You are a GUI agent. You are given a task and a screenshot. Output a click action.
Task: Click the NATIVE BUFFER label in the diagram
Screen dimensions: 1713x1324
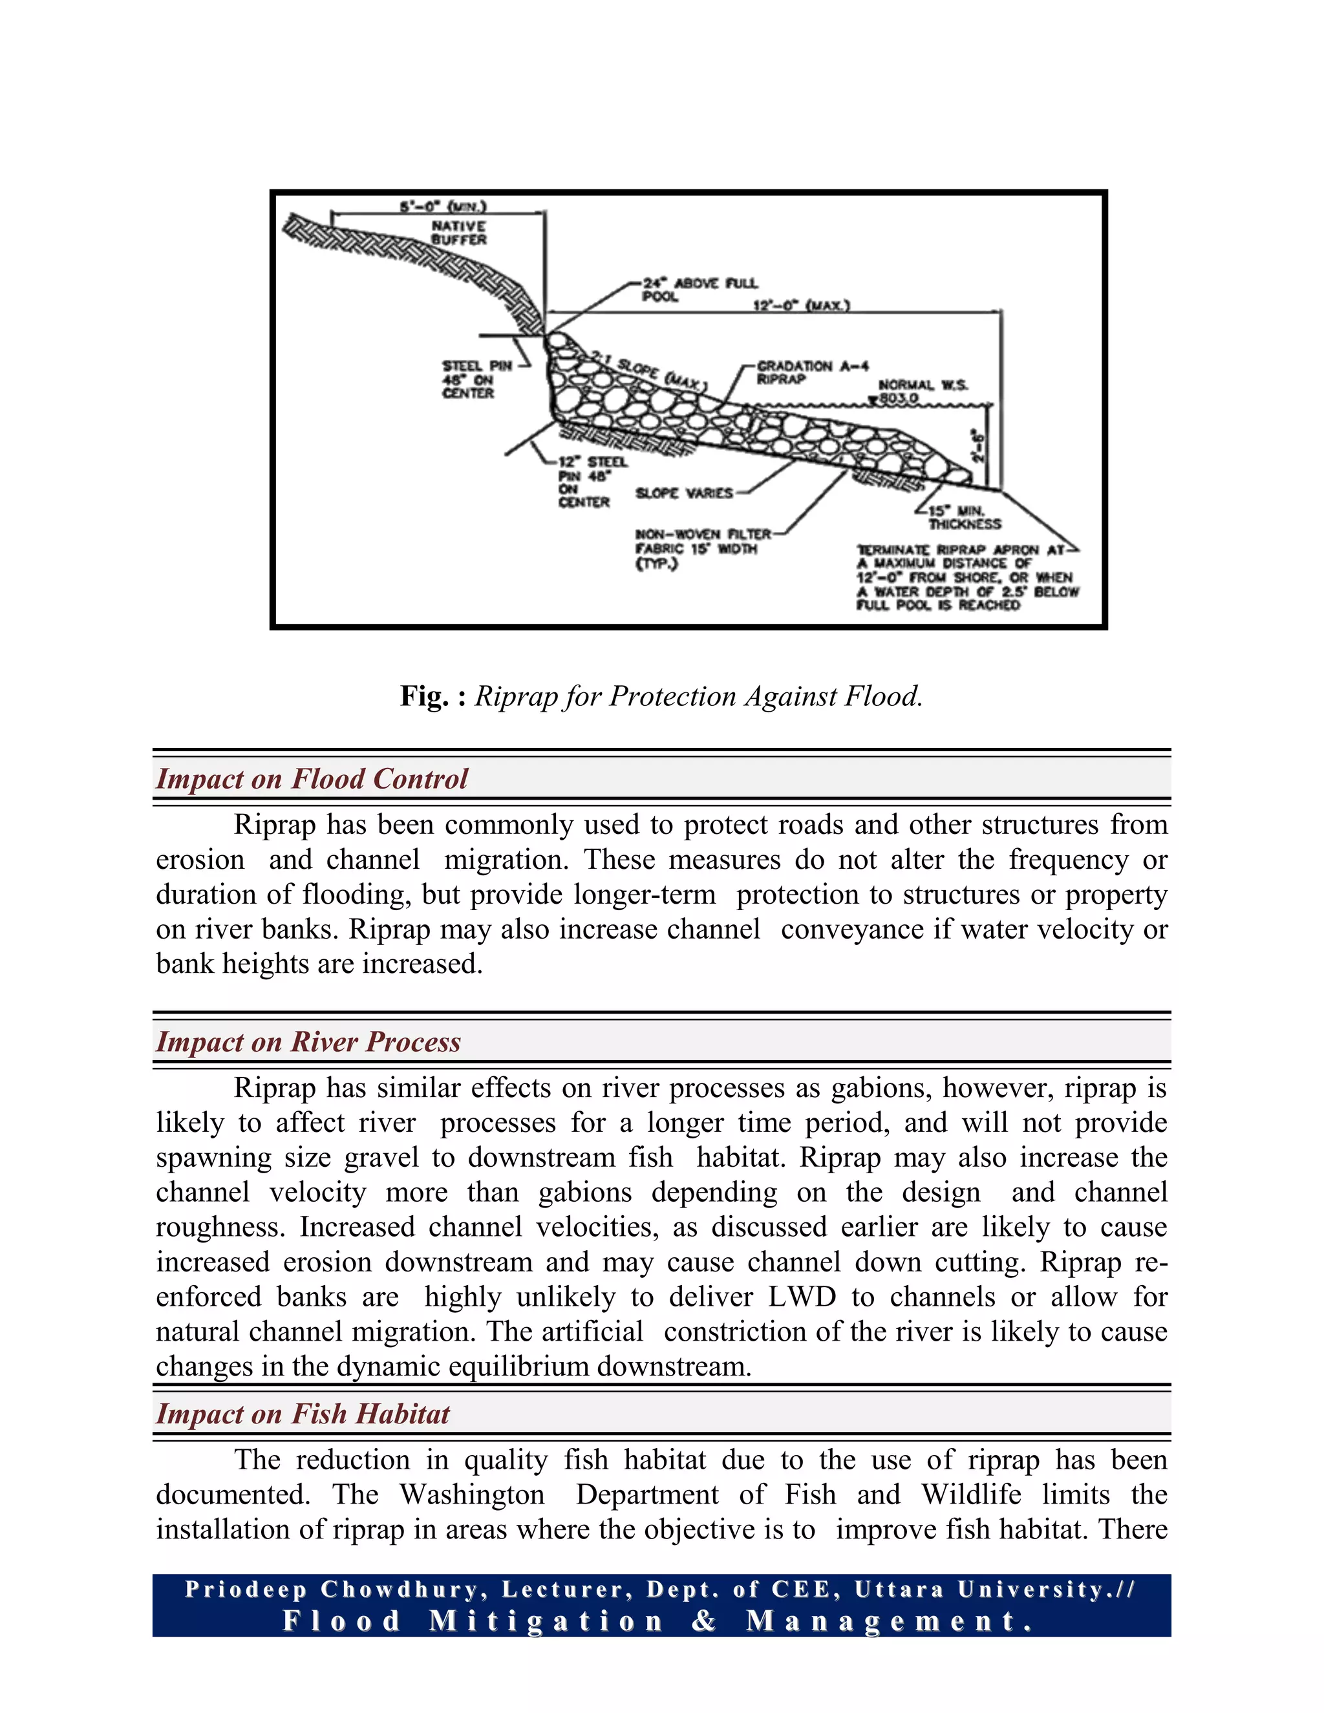tap(459, 232)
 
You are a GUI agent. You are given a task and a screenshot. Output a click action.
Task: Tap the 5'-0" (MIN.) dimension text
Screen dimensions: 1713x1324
tap(443, 206)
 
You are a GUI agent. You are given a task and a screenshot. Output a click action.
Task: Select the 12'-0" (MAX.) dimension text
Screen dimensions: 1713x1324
tap(801, 304)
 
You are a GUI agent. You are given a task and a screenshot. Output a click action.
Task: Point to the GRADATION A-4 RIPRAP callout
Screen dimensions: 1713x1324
tap(812, 372)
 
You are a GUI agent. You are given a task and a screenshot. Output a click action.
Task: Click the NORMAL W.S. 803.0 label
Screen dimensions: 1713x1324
tap(923, 391)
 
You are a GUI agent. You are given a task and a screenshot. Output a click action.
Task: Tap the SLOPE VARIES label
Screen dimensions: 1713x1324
tap(684, 493)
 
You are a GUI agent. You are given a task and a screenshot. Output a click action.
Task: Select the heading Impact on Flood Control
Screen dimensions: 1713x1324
tap(312, 779)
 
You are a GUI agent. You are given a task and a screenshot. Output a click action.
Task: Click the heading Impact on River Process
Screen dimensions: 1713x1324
tap(308, 1041)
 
